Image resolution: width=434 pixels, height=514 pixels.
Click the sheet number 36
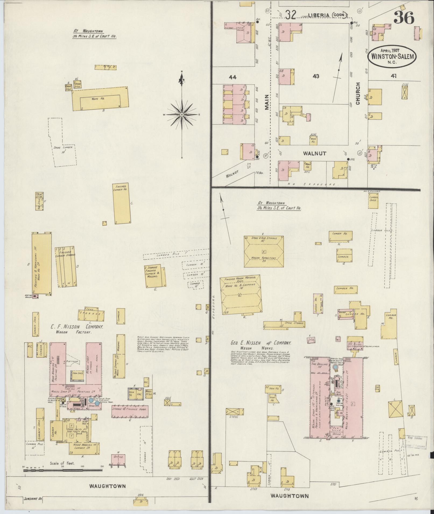click(404, 18)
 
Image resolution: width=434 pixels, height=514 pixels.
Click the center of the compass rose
click(182, 114)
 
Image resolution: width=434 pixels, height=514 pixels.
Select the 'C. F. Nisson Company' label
click(77, 327)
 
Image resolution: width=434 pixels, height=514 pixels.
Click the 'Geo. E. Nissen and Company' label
click(261, 343)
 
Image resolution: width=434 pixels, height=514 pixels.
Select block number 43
click(316, 76)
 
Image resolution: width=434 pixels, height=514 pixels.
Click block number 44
click(232, 77)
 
